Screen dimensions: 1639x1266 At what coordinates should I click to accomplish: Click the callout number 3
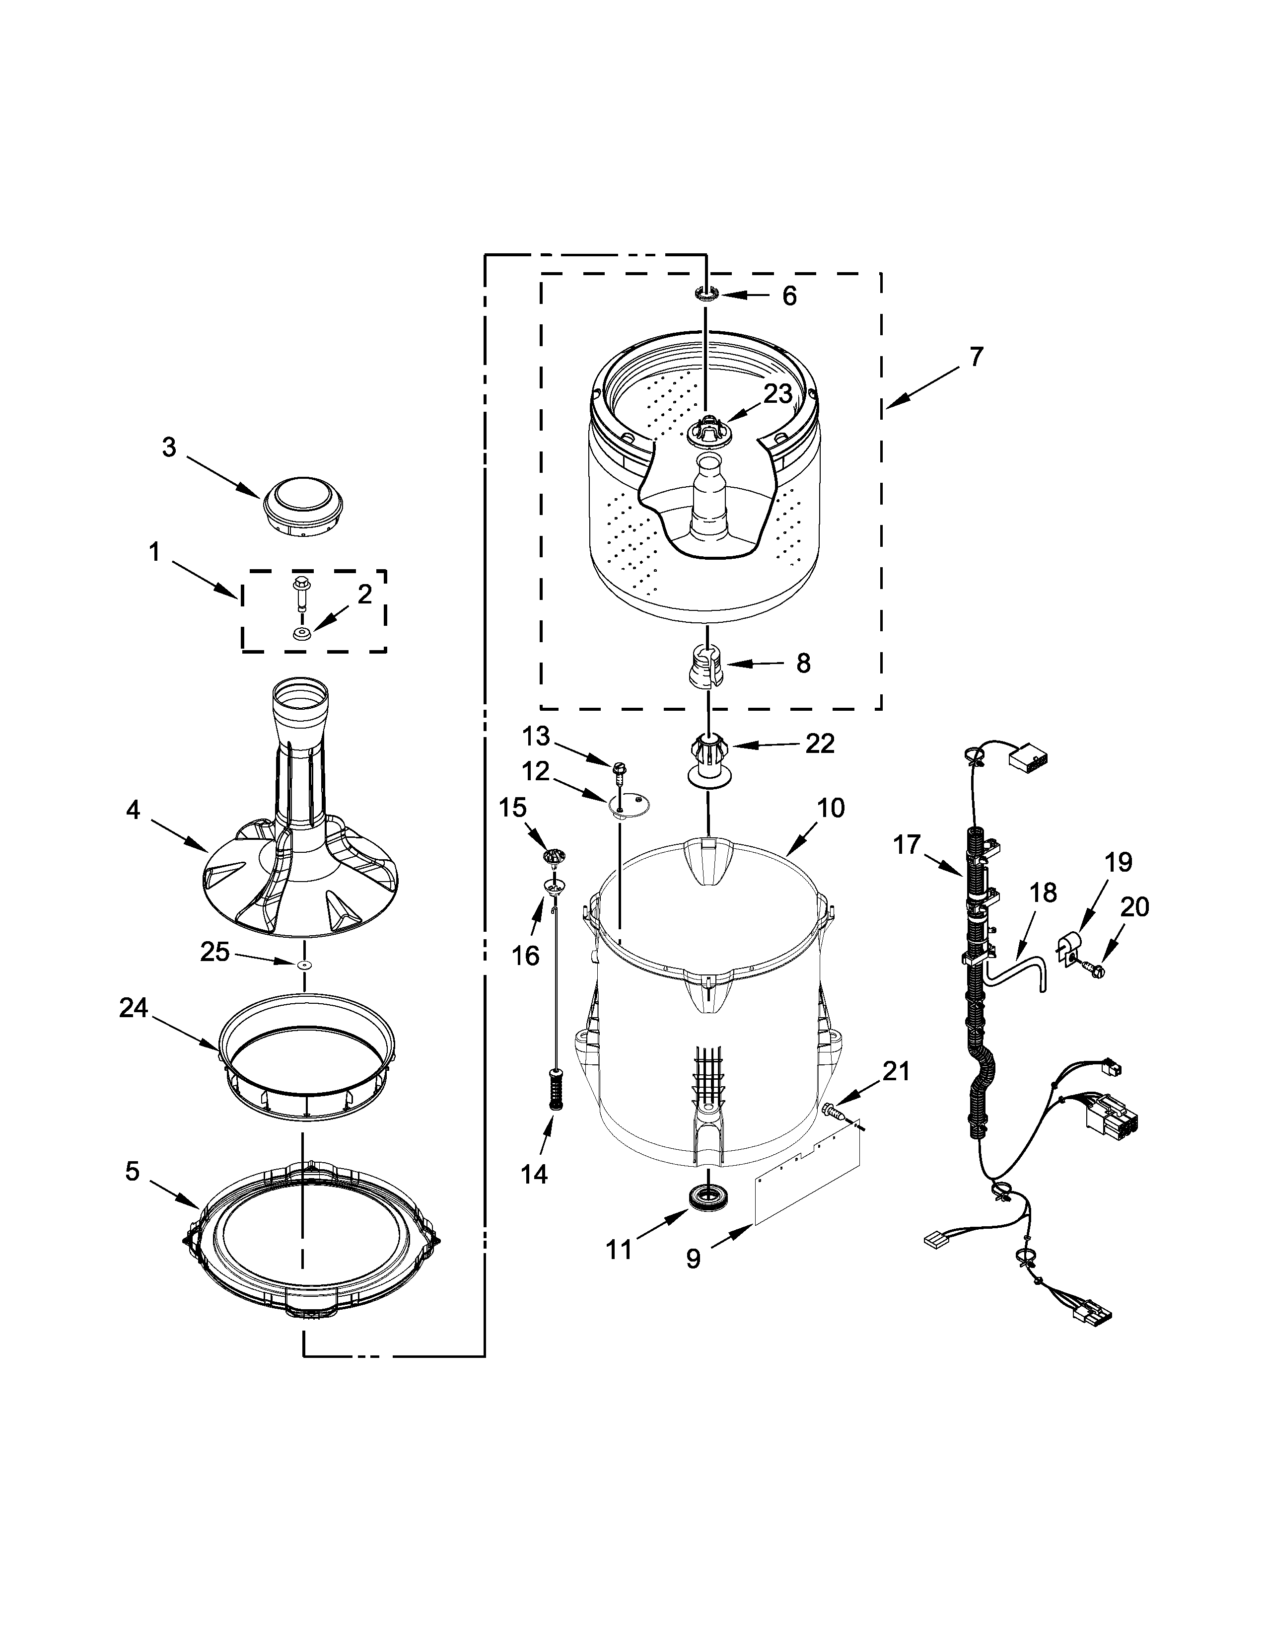point(169,447)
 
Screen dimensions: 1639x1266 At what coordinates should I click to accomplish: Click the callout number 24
point(134,1009)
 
